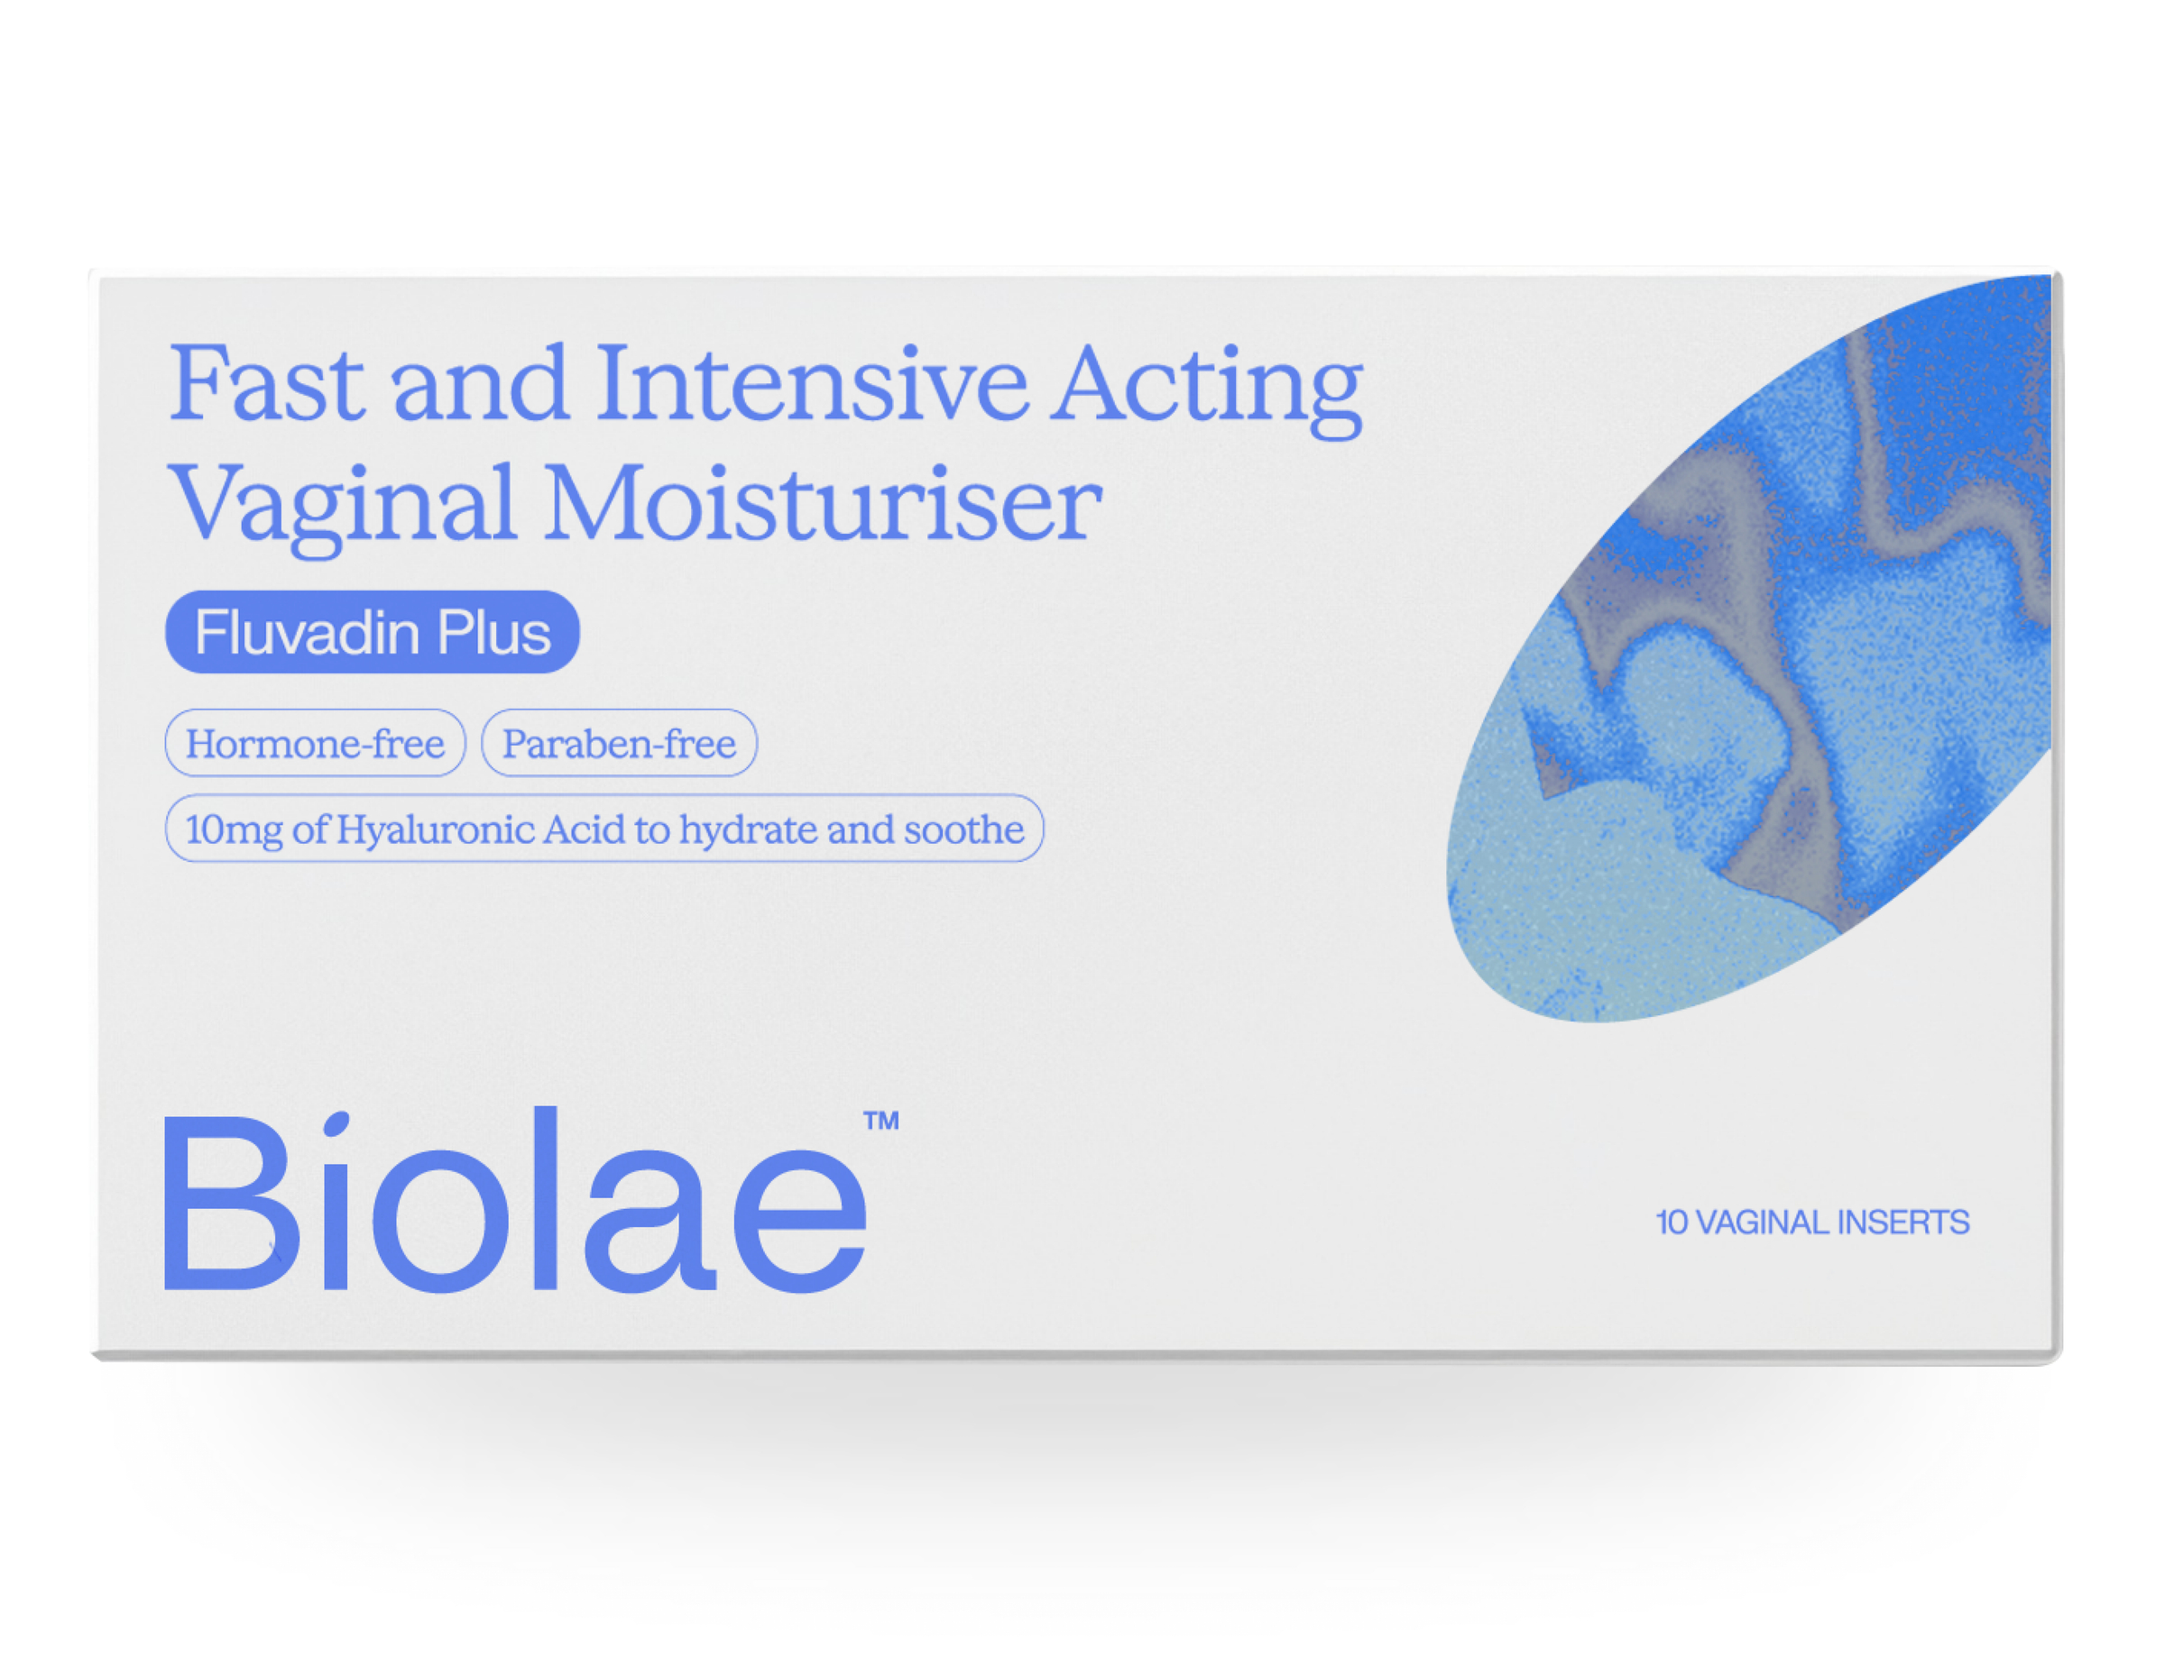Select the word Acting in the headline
pyautogui.click(x=1205, y=389)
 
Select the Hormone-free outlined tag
pyautogui.click(x=315, y=743)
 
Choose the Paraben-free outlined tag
pyautogui.click(x=619, y=743)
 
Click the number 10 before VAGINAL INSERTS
pyautogui.click(x=1672, y=1223)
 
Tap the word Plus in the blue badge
pyautogui.click(x=493, y=633)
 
